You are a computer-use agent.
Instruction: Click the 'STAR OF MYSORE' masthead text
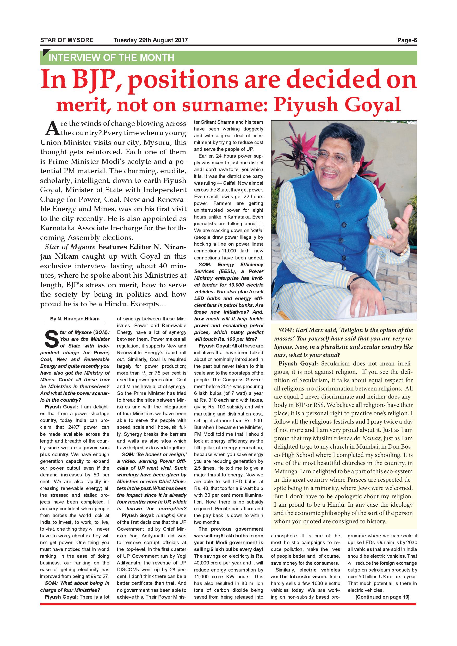pyautogui.click(x=67, y=40)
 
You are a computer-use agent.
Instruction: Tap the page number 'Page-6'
pyautogui.click(x=407, y=40)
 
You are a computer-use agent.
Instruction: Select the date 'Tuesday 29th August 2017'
pyautogui.click(x=151, y=40)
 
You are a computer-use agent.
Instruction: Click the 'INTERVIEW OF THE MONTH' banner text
pyautogui.click(x=112, y=58)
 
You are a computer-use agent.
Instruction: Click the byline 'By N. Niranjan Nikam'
pyautogui.click(x=75, y=319)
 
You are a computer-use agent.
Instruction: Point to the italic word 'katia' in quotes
pyautogui.click(x=257, y=231)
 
